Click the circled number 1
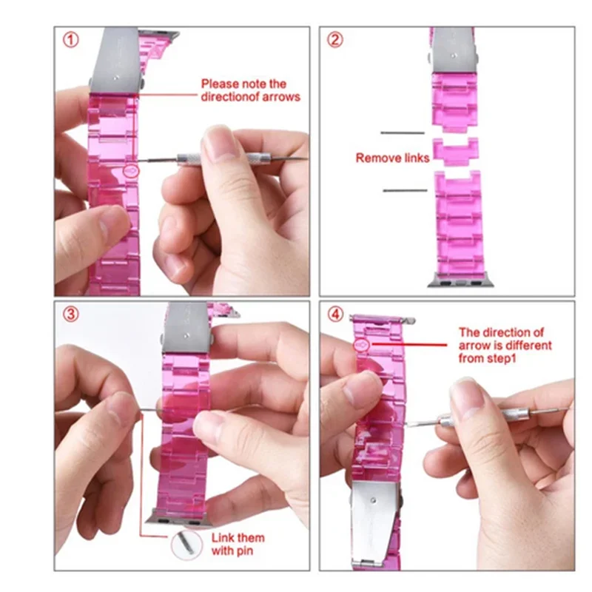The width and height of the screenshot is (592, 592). (70, 40)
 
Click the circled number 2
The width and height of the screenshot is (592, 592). (335, 40)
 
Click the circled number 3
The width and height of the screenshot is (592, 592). (70, 314)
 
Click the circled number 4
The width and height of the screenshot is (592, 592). (335, 314)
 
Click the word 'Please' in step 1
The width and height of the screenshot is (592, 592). (220, 84)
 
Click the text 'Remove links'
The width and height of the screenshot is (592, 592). (392, 158)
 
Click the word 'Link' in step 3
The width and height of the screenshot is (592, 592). (222, 538)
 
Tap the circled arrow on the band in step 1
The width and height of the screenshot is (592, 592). (131, 172)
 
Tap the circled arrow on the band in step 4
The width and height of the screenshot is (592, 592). (362, 345)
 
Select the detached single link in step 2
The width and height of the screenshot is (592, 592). (456, 152)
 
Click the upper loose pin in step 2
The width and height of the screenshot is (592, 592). (403, 132)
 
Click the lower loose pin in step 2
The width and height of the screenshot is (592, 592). (405, 191)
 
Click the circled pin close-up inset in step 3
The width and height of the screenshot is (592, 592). (186, 545)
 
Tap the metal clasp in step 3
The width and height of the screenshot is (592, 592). (186, 328)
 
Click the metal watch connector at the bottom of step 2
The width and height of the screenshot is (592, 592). (460, 280)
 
